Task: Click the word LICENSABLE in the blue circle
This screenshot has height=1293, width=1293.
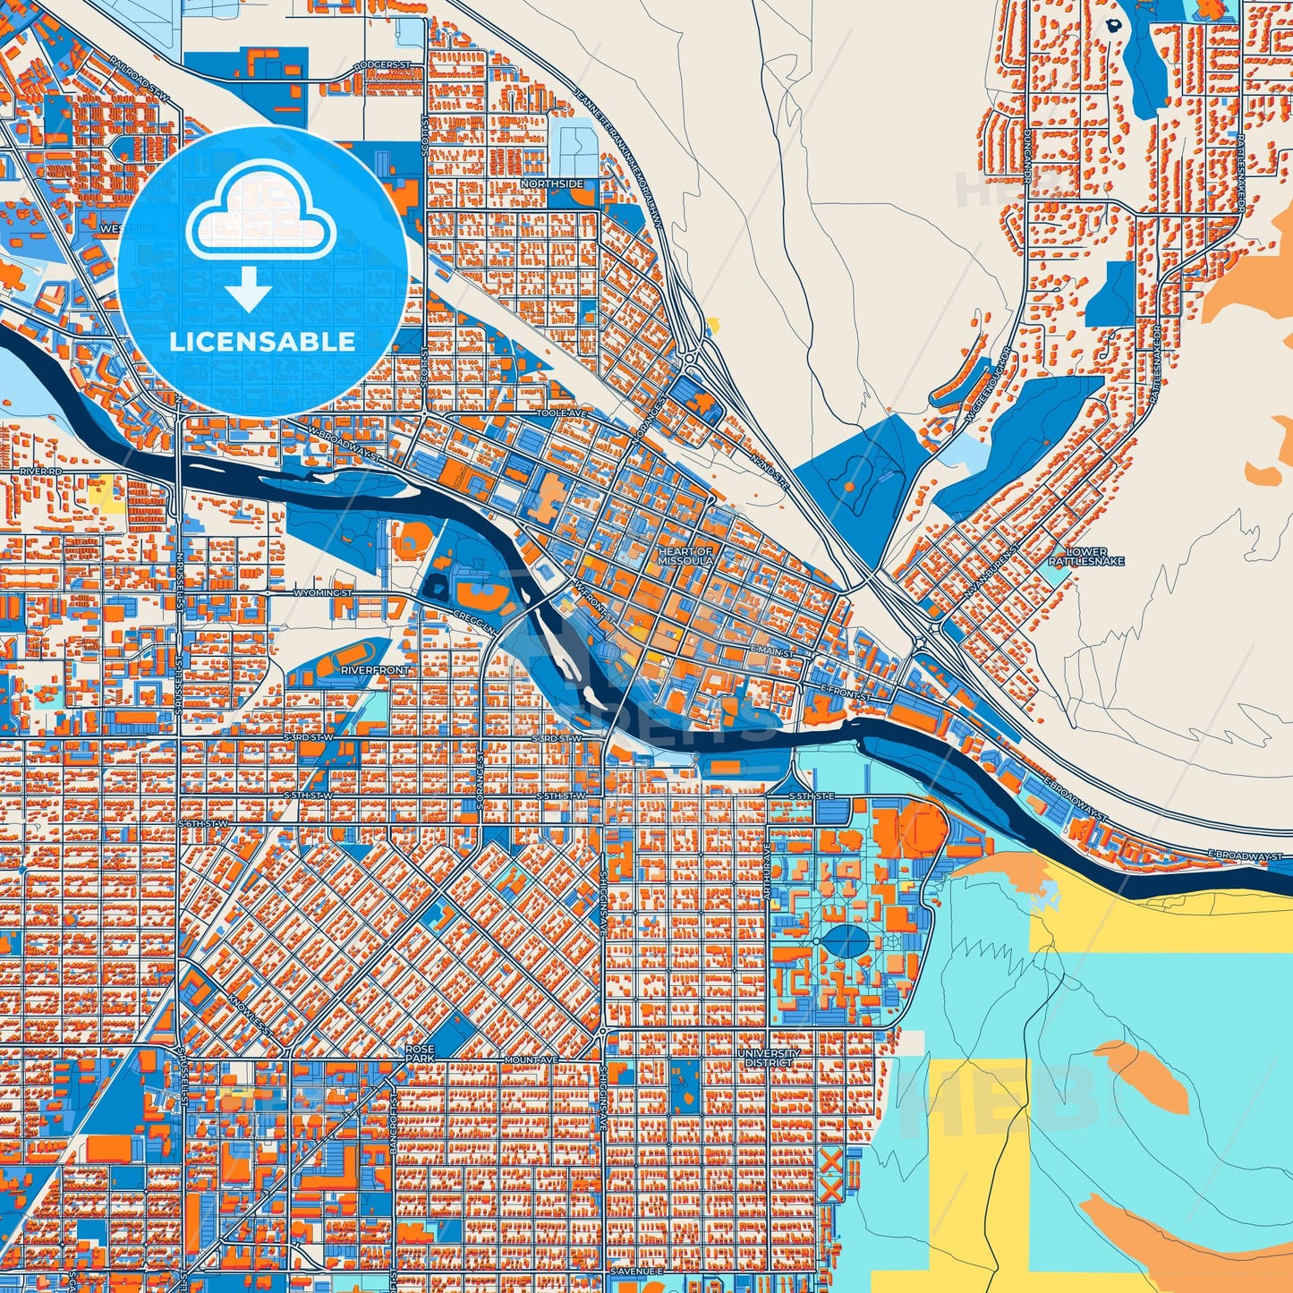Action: pyautogui.click(x=262, y=342)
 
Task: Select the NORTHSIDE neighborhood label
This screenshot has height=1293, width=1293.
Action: pyautogui.click(x=552, y=183)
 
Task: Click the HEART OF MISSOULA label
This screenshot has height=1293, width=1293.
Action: pyautogui.click(x=685, y=556)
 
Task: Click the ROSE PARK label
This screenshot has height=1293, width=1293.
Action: pyautogui.click(x=420, y=1053)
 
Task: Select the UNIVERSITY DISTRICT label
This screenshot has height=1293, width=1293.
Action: pyautogui.click(x=769, y=1058)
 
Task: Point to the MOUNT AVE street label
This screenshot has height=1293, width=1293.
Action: pyautogui.click(x=531, y=1059)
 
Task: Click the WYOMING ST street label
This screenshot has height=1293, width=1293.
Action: pyautogui.click(x=319, y=593)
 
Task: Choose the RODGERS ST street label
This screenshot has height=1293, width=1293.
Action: pyautogui.click(x=381, y=65)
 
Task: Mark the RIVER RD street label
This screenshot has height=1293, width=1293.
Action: pyautogui.click(x=42, y=470)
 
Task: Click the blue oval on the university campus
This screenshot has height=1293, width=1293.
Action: pyautogui.click(x=843, y=940)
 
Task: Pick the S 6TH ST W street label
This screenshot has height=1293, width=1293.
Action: pyautogui.click(x=203, y=823)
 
